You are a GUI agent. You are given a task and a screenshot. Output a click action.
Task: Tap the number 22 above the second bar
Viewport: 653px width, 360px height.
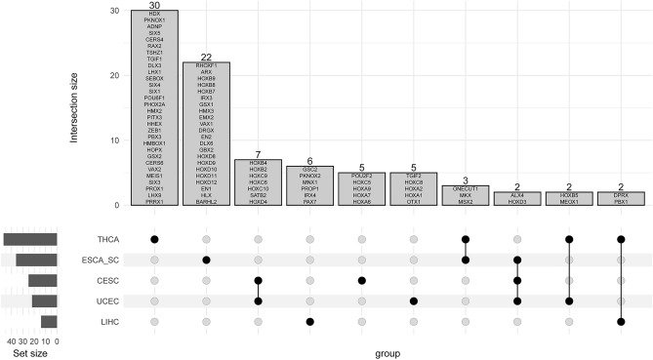click(206, 58)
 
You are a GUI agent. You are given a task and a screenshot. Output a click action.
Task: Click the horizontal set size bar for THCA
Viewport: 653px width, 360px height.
click(30, 239)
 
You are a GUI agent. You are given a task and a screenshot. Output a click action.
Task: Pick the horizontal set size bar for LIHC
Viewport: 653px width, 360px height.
click(49, 321)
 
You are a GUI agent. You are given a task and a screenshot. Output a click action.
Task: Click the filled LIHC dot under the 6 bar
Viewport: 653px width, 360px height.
click(309, 321)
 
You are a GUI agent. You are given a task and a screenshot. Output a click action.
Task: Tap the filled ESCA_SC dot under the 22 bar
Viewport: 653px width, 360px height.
click(206, 260)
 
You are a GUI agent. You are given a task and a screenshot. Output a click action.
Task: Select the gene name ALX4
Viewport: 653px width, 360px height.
click(516, 195)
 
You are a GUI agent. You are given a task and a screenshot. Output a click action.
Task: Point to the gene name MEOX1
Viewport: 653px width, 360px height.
click(568, 202)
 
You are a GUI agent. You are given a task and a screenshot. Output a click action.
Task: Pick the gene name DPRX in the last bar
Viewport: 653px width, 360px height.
click(620, 195)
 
